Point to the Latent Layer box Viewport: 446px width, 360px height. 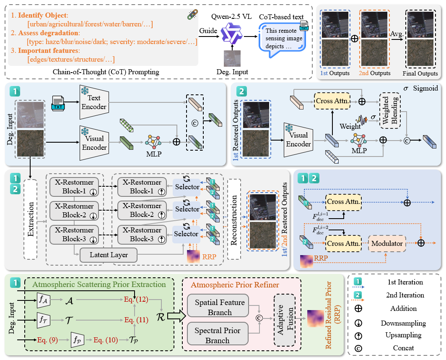108,255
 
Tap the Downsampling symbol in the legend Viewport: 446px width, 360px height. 358,323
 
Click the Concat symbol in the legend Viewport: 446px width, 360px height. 358,348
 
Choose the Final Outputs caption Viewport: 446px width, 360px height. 420,73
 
